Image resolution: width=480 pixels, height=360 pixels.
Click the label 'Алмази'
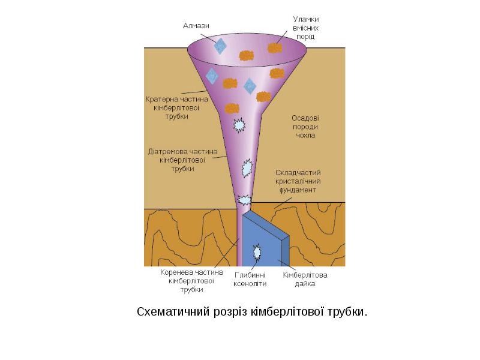coord(196,25)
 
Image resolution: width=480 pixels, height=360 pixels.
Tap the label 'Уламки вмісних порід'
coord(305,28)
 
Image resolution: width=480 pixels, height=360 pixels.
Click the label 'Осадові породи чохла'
coord(305,127)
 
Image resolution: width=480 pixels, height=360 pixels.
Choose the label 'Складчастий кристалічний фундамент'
coord(299,181)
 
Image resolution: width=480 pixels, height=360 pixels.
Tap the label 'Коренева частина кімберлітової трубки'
coord(187,280)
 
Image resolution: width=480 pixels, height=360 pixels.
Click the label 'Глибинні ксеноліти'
coord(250,280)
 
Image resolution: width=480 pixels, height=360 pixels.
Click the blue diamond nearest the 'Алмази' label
coord(221,45)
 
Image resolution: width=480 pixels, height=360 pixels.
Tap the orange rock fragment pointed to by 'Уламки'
coord(275,47)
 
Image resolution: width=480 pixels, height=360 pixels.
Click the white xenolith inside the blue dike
coord(257,251)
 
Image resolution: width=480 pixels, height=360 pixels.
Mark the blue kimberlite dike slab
coord(264,240)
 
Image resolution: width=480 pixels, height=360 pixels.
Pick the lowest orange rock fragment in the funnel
coord(232,109)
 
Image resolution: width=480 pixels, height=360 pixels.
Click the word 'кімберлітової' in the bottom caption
coord(281,312)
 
